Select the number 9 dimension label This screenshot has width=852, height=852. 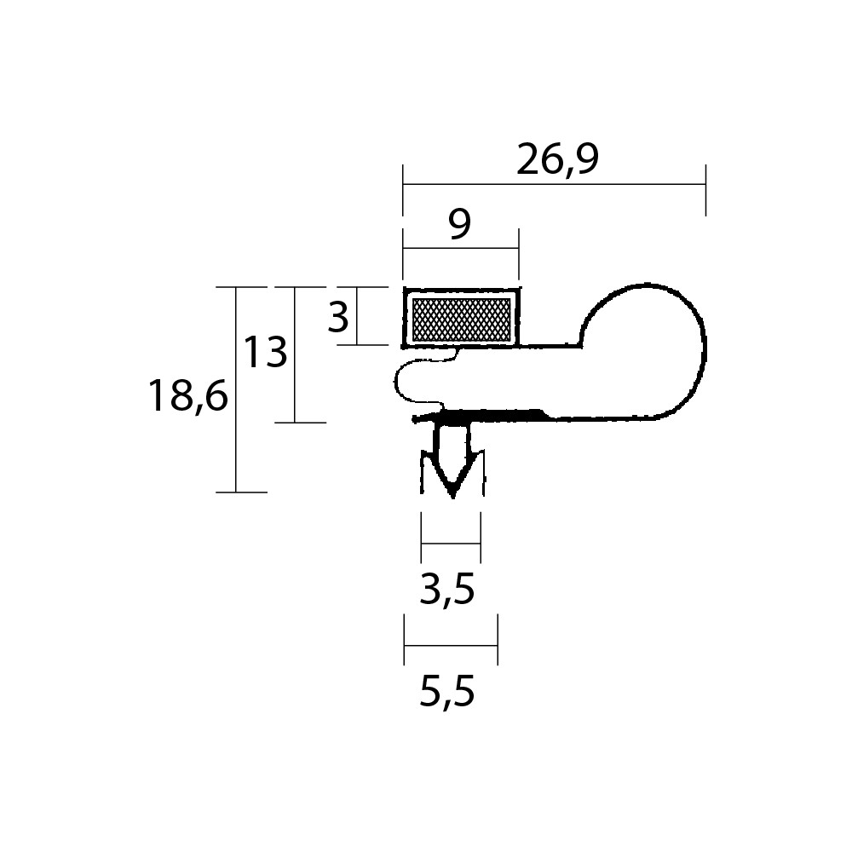click(460, 224)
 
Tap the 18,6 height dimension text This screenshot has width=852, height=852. click(188, 397)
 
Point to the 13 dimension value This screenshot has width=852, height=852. click(265, 352)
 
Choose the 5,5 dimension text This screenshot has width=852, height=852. click(447, 692)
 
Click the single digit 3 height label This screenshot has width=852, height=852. click(338, 317)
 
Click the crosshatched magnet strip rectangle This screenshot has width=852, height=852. click(461, 319)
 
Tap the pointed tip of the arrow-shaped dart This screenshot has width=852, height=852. click(452, 497)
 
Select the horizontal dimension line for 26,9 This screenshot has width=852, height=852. click(555, 184)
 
